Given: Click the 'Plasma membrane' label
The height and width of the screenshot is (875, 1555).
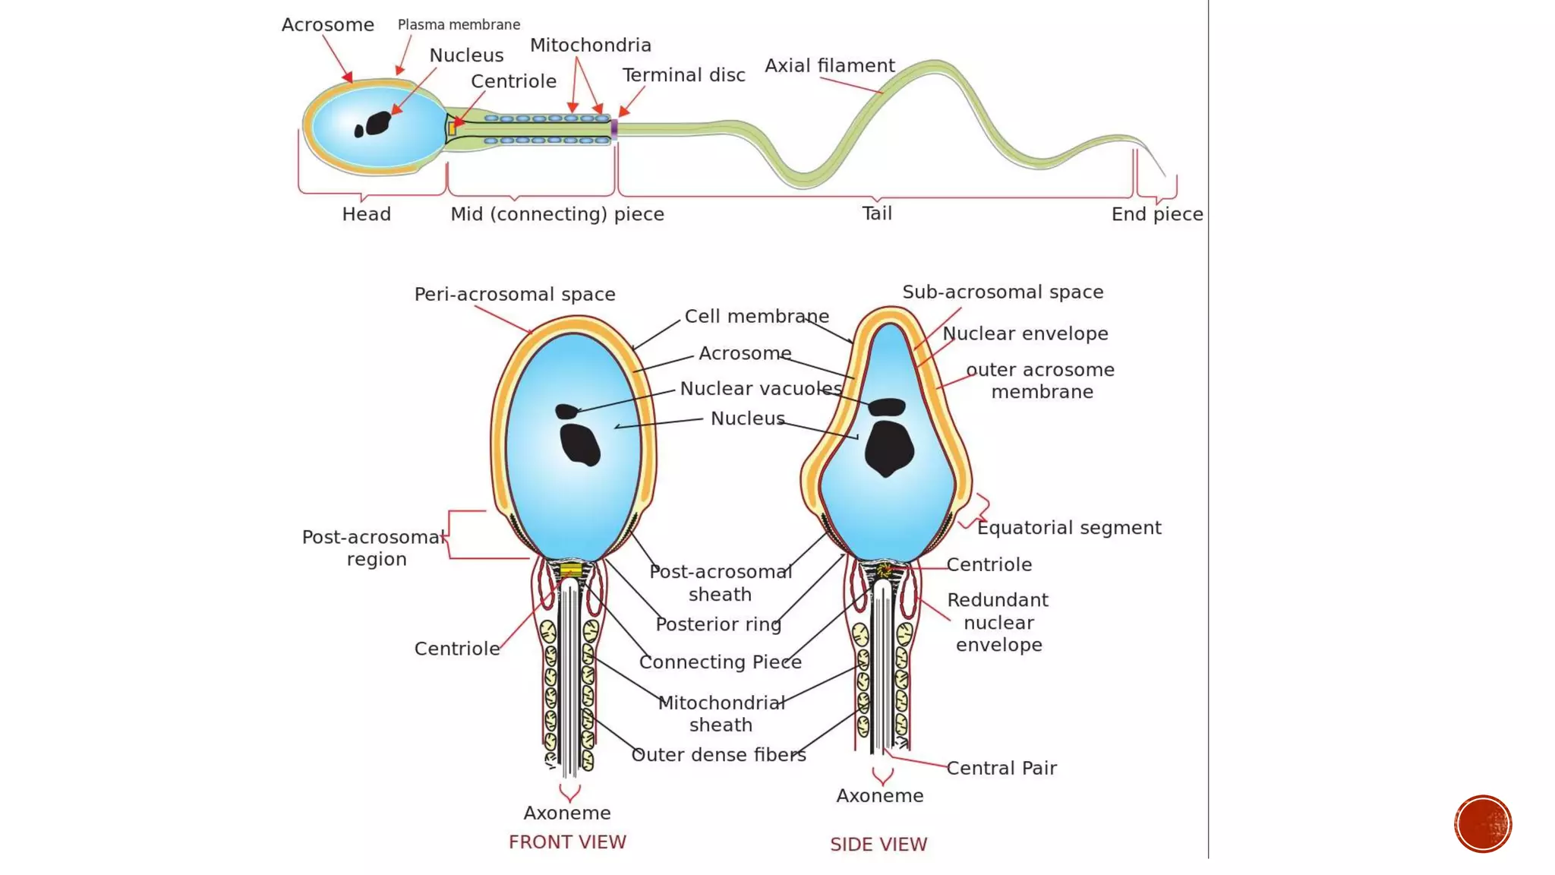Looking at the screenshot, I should [x=459, y=25].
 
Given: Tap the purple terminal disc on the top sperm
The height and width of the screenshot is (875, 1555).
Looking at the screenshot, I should [x=614, y=128].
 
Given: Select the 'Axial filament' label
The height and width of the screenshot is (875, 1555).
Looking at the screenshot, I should [x=829, y=66].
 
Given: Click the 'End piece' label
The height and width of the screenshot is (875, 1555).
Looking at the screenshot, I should [x=1156, y=214].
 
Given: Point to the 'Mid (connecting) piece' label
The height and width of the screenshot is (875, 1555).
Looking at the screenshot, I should [x=557, y=214].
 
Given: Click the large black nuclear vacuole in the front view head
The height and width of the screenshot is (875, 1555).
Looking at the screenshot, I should [x=580, y=445].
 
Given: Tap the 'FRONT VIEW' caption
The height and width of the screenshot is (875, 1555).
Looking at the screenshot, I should [x=567, y=842].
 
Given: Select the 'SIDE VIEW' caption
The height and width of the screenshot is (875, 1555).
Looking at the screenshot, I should [x=878, y=845].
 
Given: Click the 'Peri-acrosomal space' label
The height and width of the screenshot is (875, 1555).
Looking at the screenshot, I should [x=514, y=295].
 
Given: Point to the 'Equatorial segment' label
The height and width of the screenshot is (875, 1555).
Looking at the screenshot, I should [x=1068, y=528].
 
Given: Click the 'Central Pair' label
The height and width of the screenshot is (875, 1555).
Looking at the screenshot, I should [x=1001, y=769].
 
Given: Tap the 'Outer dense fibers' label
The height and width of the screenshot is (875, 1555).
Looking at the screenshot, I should [x=718, y=755].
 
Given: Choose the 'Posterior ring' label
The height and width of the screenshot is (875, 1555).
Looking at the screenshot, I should [x=718, y=624].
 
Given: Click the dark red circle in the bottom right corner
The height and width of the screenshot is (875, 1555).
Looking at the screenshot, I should [x=1482, y=824].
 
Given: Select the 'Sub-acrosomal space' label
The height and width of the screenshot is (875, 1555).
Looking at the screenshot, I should [x=1002, y=292].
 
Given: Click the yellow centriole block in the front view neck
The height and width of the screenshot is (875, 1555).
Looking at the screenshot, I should [x=571, y=570].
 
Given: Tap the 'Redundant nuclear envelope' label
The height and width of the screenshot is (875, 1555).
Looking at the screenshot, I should [x=998, y=623].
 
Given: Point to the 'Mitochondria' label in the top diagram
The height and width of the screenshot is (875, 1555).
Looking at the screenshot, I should [x=590, y=46].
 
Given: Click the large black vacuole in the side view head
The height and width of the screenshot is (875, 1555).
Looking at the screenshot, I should [x=888, y=448].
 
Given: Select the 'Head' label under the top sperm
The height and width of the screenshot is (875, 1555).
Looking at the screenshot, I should [x=366, y=214].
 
